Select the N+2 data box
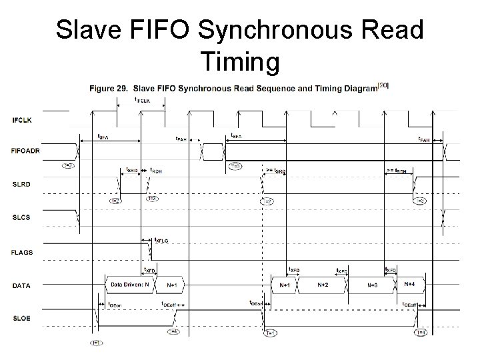point(323,285)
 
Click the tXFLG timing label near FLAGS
point(161,240)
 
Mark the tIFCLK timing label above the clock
point(141,100)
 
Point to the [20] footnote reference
point(383,85)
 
